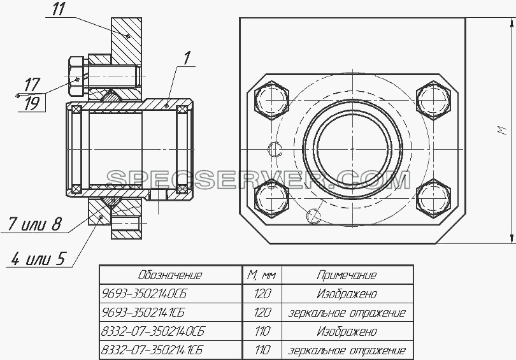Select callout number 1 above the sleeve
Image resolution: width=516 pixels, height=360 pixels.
[186, 58]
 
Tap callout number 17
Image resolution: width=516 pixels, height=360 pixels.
[32, 85]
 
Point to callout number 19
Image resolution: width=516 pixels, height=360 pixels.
[32, 104]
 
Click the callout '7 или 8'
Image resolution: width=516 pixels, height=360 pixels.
[34, 224]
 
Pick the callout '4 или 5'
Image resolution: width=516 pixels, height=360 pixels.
[38, 258]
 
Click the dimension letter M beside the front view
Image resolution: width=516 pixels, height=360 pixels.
[501, 130]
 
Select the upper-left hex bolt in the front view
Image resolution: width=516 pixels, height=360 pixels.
[271, 99]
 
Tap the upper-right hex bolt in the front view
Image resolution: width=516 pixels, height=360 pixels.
[433, 99]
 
